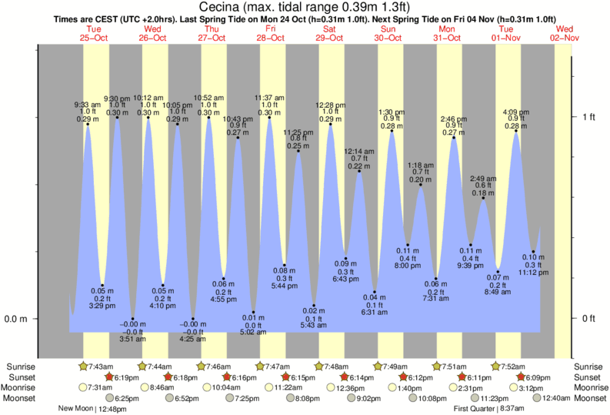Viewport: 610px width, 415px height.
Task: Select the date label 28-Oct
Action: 271,37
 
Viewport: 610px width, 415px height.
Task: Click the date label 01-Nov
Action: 508,37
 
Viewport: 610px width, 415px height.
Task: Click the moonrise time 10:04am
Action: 221,387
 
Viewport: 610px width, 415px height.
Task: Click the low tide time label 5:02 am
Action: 254,333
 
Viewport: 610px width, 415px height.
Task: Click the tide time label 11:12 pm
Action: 534,272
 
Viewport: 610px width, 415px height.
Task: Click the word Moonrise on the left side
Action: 22,387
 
